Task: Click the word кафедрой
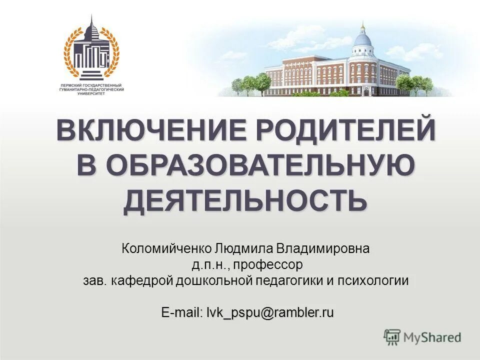pyautogui.click(x=142, y=280)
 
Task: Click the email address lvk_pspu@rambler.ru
pyautogui.click(x=270, y=313)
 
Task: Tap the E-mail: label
pyautogui.click(x=182, y=313)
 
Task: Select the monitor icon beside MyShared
pyautogui.click(x=392, y=337)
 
